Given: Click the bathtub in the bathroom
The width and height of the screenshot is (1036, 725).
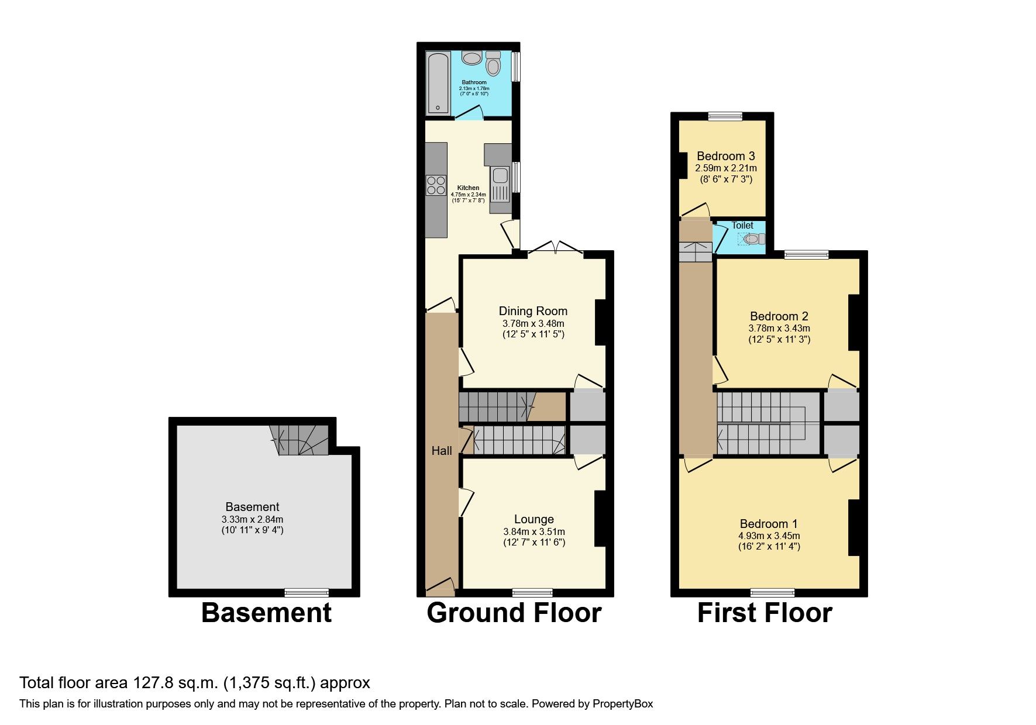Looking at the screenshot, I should coord(438,83).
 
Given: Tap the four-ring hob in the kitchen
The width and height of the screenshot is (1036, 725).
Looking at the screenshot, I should coord(436,185).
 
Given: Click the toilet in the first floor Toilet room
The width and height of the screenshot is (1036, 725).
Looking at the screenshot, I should coord(755,239).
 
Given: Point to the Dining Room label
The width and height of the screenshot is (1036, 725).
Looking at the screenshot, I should coord(533,311).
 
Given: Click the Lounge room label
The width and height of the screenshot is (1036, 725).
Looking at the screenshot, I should coord(534,519).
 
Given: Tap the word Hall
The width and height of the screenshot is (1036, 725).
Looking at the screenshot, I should coord(442,451).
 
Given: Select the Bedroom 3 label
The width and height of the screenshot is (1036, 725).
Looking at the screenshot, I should coord(725,156).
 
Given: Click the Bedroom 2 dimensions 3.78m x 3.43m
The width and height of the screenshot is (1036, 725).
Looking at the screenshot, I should coord(779,329).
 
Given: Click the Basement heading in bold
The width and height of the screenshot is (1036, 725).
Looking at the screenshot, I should coord(266,613).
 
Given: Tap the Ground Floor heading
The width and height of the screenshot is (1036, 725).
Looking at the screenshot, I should coord(514,613).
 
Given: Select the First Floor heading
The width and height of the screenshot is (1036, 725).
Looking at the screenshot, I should coord(764,613).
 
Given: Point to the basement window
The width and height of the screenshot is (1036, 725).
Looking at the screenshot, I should coord(307,592).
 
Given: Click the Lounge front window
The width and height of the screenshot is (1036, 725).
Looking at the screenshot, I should coord(532,592).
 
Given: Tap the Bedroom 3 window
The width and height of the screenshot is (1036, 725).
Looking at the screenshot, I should coord(725,116).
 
